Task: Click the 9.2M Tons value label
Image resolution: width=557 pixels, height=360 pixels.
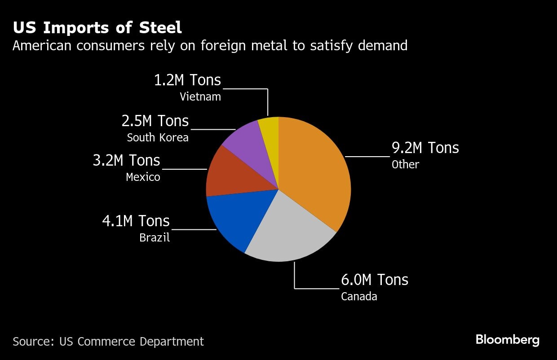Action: (x=425, y=148)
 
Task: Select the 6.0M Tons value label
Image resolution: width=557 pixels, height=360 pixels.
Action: (x=375, y=280)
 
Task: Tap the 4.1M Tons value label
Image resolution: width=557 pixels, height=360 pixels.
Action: (x=136, y=221)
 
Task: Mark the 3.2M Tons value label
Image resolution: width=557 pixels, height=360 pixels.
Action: (x=126, y=160)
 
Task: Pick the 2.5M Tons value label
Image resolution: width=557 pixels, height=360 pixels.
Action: (x=155, y=121)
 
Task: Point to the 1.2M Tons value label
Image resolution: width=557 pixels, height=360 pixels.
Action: (x=187, y=80)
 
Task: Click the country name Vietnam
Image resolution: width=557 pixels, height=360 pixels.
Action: (x=200, y=97)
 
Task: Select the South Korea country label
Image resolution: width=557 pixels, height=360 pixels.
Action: (x=158, y=137)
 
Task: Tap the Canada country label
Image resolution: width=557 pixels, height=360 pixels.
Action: (x=359, y=296)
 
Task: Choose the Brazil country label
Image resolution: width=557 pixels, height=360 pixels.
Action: (x=155, y=237)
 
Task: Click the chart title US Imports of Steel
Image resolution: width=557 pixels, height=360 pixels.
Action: (x=97, y=28)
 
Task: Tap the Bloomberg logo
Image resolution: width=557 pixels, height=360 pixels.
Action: (x=507, y=340)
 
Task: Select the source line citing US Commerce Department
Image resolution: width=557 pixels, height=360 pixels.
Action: (x=108, y=341)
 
